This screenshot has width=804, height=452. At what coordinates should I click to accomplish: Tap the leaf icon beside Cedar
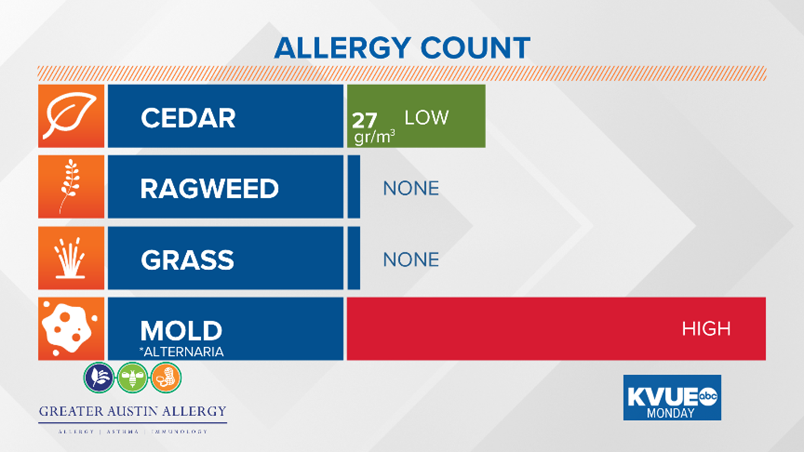[x=71, y=116]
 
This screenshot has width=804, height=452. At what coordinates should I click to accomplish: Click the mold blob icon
[x=69, y=329]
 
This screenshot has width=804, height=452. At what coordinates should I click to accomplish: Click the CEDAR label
[x=188, y=118]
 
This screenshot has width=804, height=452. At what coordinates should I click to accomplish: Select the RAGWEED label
[x=209, y=188]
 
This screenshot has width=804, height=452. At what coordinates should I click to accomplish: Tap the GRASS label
[x=187, y=260]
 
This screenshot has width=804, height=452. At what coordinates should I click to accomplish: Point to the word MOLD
[x=181, y=331]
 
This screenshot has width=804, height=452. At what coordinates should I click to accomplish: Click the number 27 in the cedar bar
[x=364, y=121]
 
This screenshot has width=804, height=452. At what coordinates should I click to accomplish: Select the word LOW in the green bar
[x=426, y=118]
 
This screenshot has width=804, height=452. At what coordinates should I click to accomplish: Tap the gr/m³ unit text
[x=374, y=137]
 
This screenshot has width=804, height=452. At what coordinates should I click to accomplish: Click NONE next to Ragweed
[x=411, y=188]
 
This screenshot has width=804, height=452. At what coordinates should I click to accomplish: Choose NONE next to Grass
[x=411, y=259]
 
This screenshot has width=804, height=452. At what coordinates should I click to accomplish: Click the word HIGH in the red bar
[x=706, y=329]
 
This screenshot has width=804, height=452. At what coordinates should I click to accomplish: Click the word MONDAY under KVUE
[x=670, y=413]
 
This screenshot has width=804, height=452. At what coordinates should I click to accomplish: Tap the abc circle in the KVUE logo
[x=708, y=396]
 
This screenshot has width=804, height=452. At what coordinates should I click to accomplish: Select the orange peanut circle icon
[x=166, y=378]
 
